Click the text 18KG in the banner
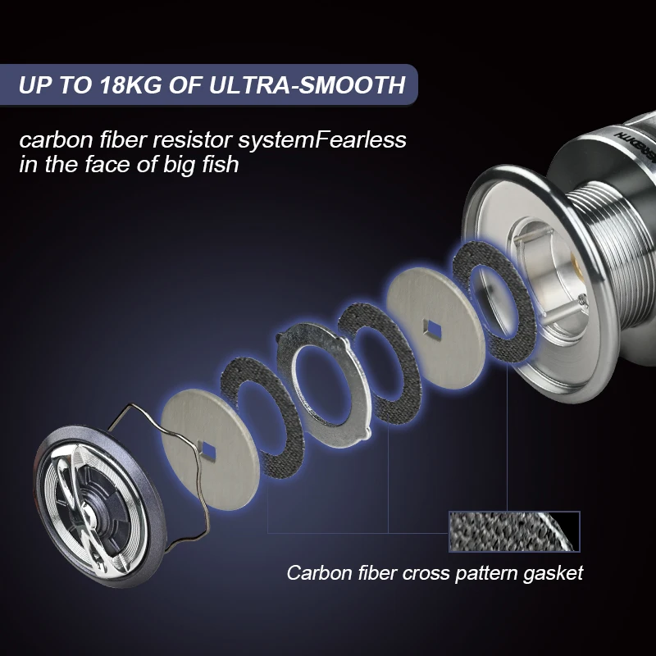131,85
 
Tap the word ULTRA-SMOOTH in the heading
307,85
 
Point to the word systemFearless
322,141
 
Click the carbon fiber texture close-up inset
514,531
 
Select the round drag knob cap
99,504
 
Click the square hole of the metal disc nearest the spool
432,327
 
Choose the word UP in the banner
34,85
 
